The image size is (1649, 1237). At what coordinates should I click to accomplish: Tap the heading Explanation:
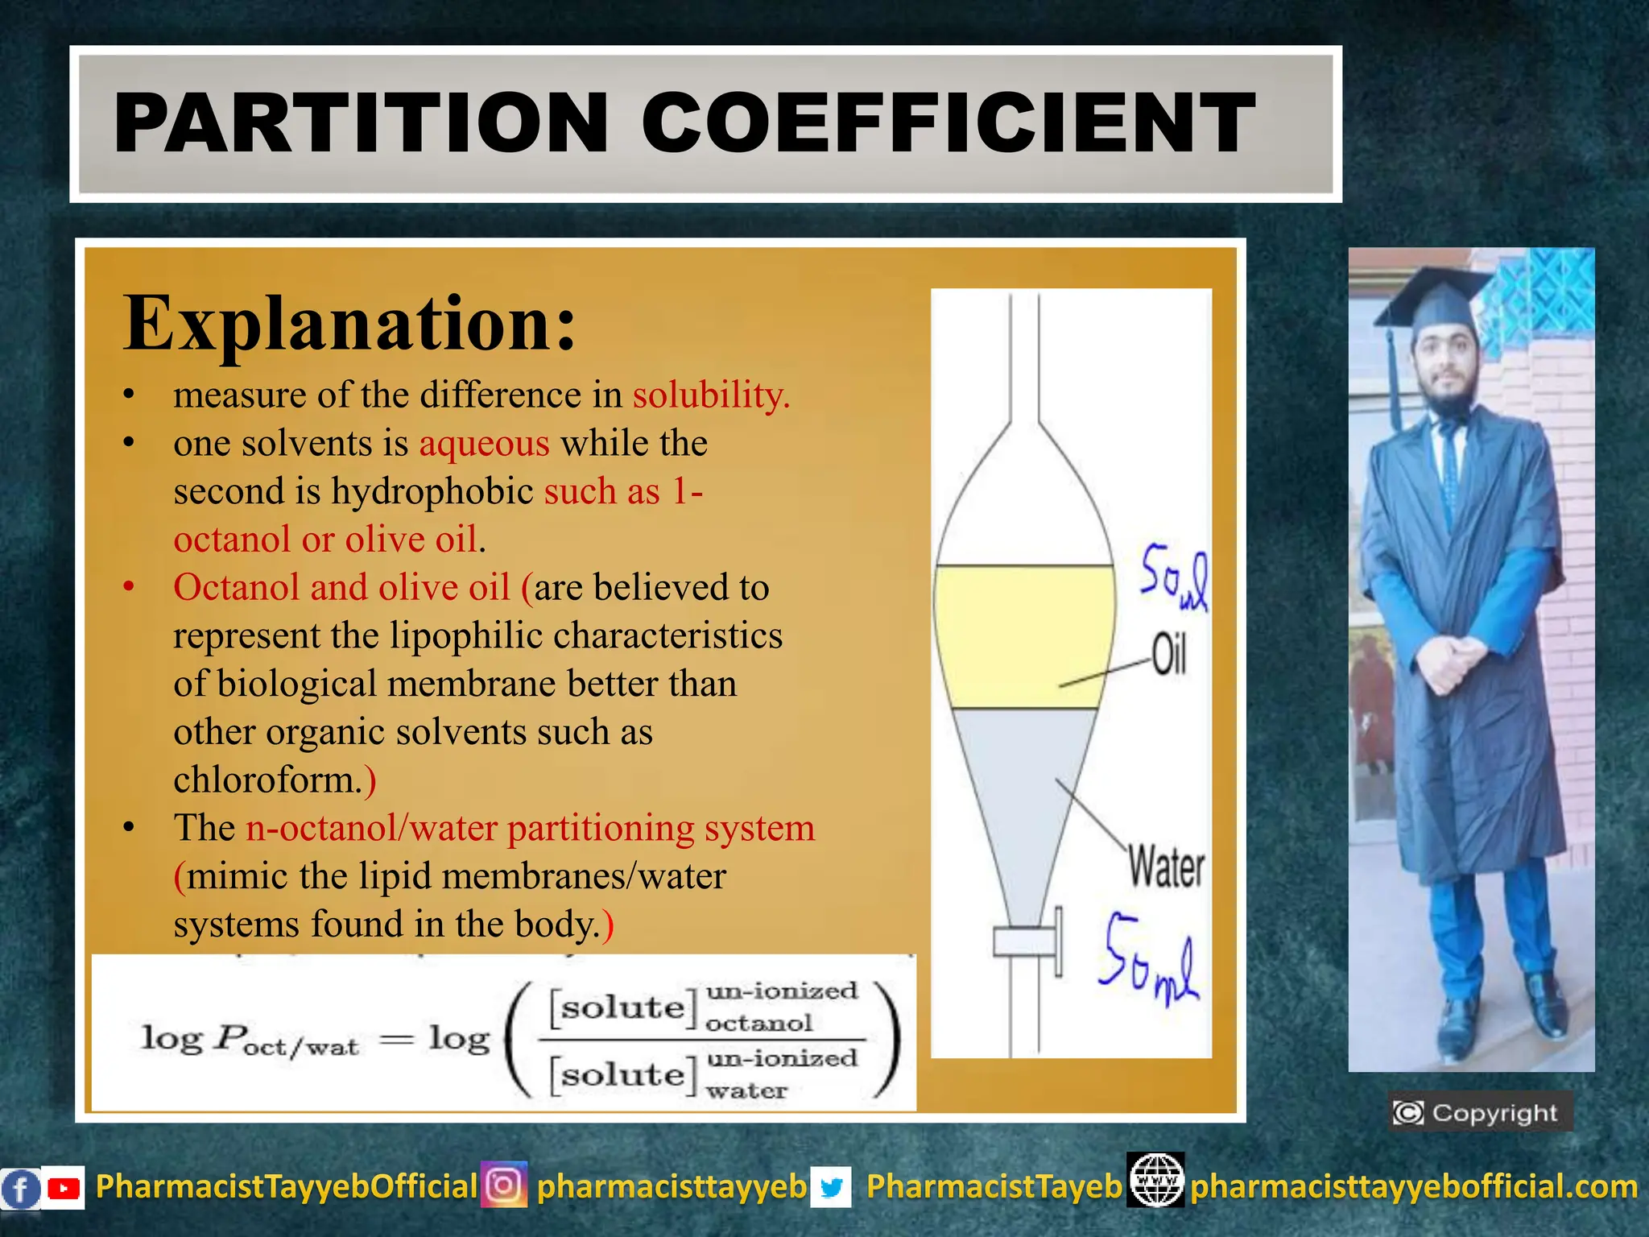tap(349, 323)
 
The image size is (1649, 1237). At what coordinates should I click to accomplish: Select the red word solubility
tap(711, 395)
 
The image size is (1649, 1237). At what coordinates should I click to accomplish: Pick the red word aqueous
tap(484, 443)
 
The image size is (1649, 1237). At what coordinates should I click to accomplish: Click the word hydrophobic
tap(432, 491)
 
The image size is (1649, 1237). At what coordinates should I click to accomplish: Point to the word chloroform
tap(268, 780)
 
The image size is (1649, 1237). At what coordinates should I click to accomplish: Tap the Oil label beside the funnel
tap(1168, 654)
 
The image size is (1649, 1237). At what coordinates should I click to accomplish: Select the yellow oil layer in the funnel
tap(1024, 636)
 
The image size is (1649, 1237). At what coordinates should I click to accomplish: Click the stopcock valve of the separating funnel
tap(1027, 941)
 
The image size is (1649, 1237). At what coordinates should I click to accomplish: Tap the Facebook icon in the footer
tap(20, 1189)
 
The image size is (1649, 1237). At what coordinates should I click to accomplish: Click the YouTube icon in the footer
tap(63, 1188)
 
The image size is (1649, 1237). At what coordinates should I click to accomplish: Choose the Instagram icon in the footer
tap(504, 1185)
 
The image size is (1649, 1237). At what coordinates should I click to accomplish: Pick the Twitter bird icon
tap(831, 1188)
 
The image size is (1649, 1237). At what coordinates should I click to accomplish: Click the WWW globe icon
tap(1155, 1181)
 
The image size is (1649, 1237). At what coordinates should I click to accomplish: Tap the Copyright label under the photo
tap(1480, 1113)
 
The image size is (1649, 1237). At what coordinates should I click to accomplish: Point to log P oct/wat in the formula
tap(250, 1040)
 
